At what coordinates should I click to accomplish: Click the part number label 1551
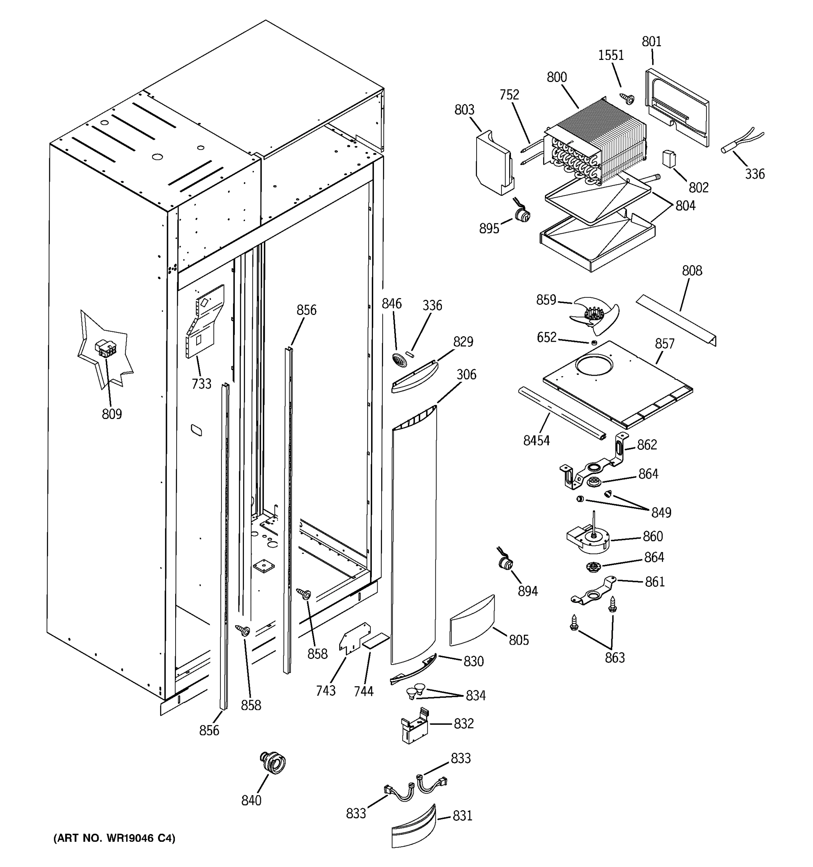pos(611,55)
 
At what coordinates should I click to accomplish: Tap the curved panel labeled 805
pos(472,620)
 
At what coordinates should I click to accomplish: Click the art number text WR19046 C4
pos(114,838)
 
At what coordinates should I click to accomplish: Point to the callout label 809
pos(112,414)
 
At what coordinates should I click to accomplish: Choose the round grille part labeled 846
pos(400,360)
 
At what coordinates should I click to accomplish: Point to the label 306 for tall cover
pos(466,374)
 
